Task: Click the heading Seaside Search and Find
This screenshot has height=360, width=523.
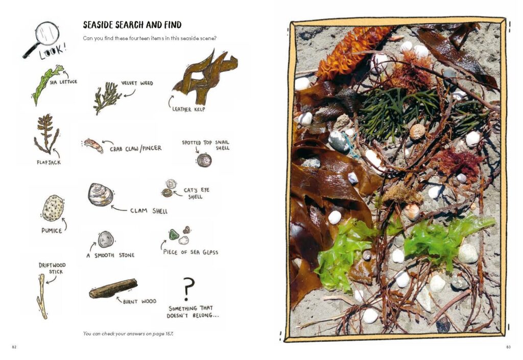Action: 132,25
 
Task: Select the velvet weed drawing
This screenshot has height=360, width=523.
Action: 107,97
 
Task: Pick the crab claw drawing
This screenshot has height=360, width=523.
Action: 94,146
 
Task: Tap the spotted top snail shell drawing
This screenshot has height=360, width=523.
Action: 204,160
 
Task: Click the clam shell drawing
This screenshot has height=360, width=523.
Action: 101,195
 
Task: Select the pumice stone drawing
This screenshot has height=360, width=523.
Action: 53,208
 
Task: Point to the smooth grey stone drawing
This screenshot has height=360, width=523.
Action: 106,239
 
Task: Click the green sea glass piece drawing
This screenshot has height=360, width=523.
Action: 174,235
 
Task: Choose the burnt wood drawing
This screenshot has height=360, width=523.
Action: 113,289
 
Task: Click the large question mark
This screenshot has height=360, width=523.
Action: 188,289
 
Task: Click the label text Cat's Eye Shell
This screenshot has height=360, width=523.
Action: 196,194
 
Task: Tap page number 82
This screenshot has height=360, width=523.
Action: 14,347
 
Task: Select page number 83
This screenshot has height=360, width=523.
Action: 508,347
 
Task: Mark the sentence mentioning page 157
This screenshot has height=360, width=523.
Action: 128,333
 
